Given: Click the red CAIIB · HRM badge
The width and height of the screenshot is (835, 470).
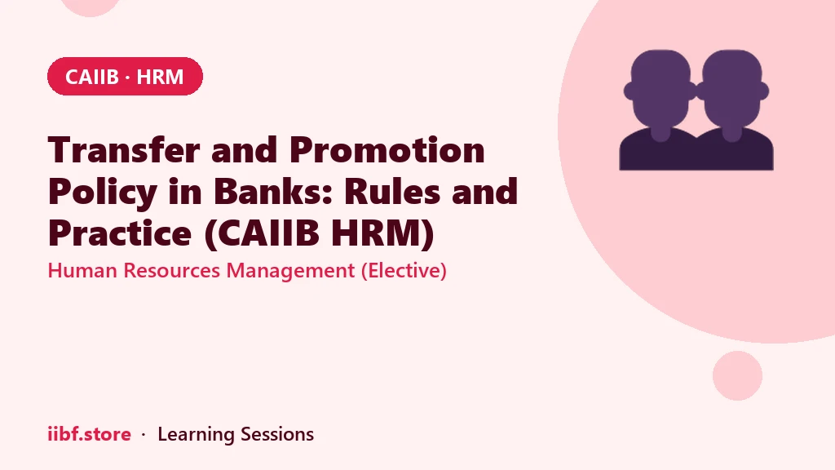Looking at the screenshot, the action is (125, 76).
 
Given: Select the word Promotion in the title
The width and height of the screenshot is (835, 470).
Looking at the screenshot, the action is (387, 150).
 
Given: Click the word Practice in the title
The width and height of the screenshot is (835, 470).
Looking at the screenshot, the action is (120, 233).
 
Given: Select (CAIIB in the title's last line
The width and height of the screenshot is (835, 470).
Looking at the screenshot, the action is (262, 234).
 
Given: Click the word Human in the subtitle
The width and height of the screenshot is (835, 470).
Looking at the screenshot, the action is (82, 270).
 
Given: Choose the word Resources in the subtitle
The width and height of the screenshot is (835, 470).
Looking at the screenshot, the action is (171, 270).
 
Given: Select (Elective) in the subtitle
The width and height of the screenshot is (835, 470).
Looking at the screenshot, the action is (404, 271).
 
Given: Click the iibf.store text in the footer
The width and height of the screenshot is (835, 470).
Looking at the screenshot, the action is (90, 434).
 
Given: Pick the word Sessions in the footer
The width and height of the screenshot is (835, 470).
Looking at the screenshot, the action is (277, 434).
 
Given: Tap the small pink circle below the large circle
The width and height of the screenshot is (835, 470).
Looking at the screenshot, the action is (737, 375).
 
